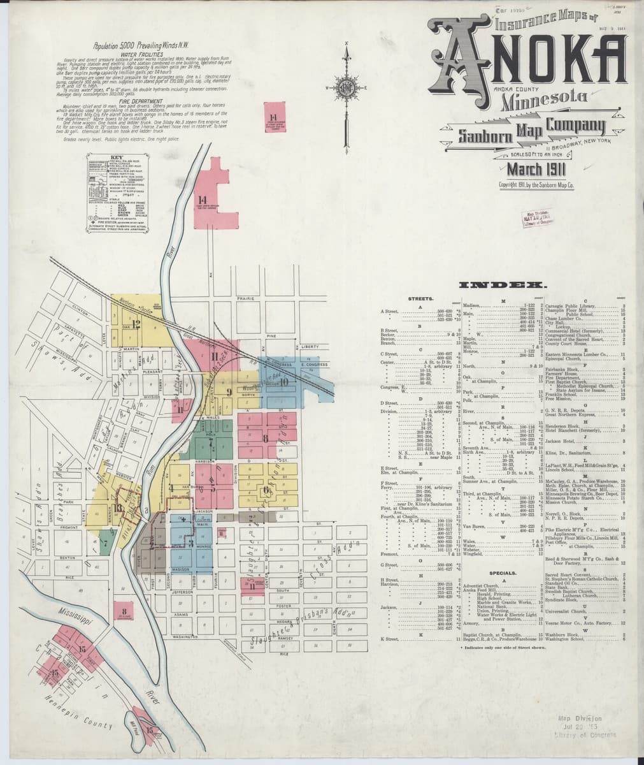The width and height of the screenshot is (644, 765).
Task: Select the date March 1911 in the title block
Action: coord(536,170)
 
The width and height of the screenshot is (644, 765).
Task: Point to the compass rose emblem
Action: coord(347,87)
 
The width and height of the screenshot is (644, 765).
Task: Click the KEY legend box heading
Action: coord(115,156)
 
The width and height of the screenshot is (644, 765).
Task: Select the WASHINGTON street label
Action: coord(185,637)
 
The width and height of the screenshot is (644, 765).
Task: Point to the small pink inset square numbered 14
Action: coord(273,118)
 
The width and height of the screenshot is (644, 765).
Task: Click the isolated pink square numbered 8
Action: coord(123,612)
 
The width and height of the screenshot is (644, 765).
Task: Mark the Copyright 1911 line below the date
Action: coord(537,186)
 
